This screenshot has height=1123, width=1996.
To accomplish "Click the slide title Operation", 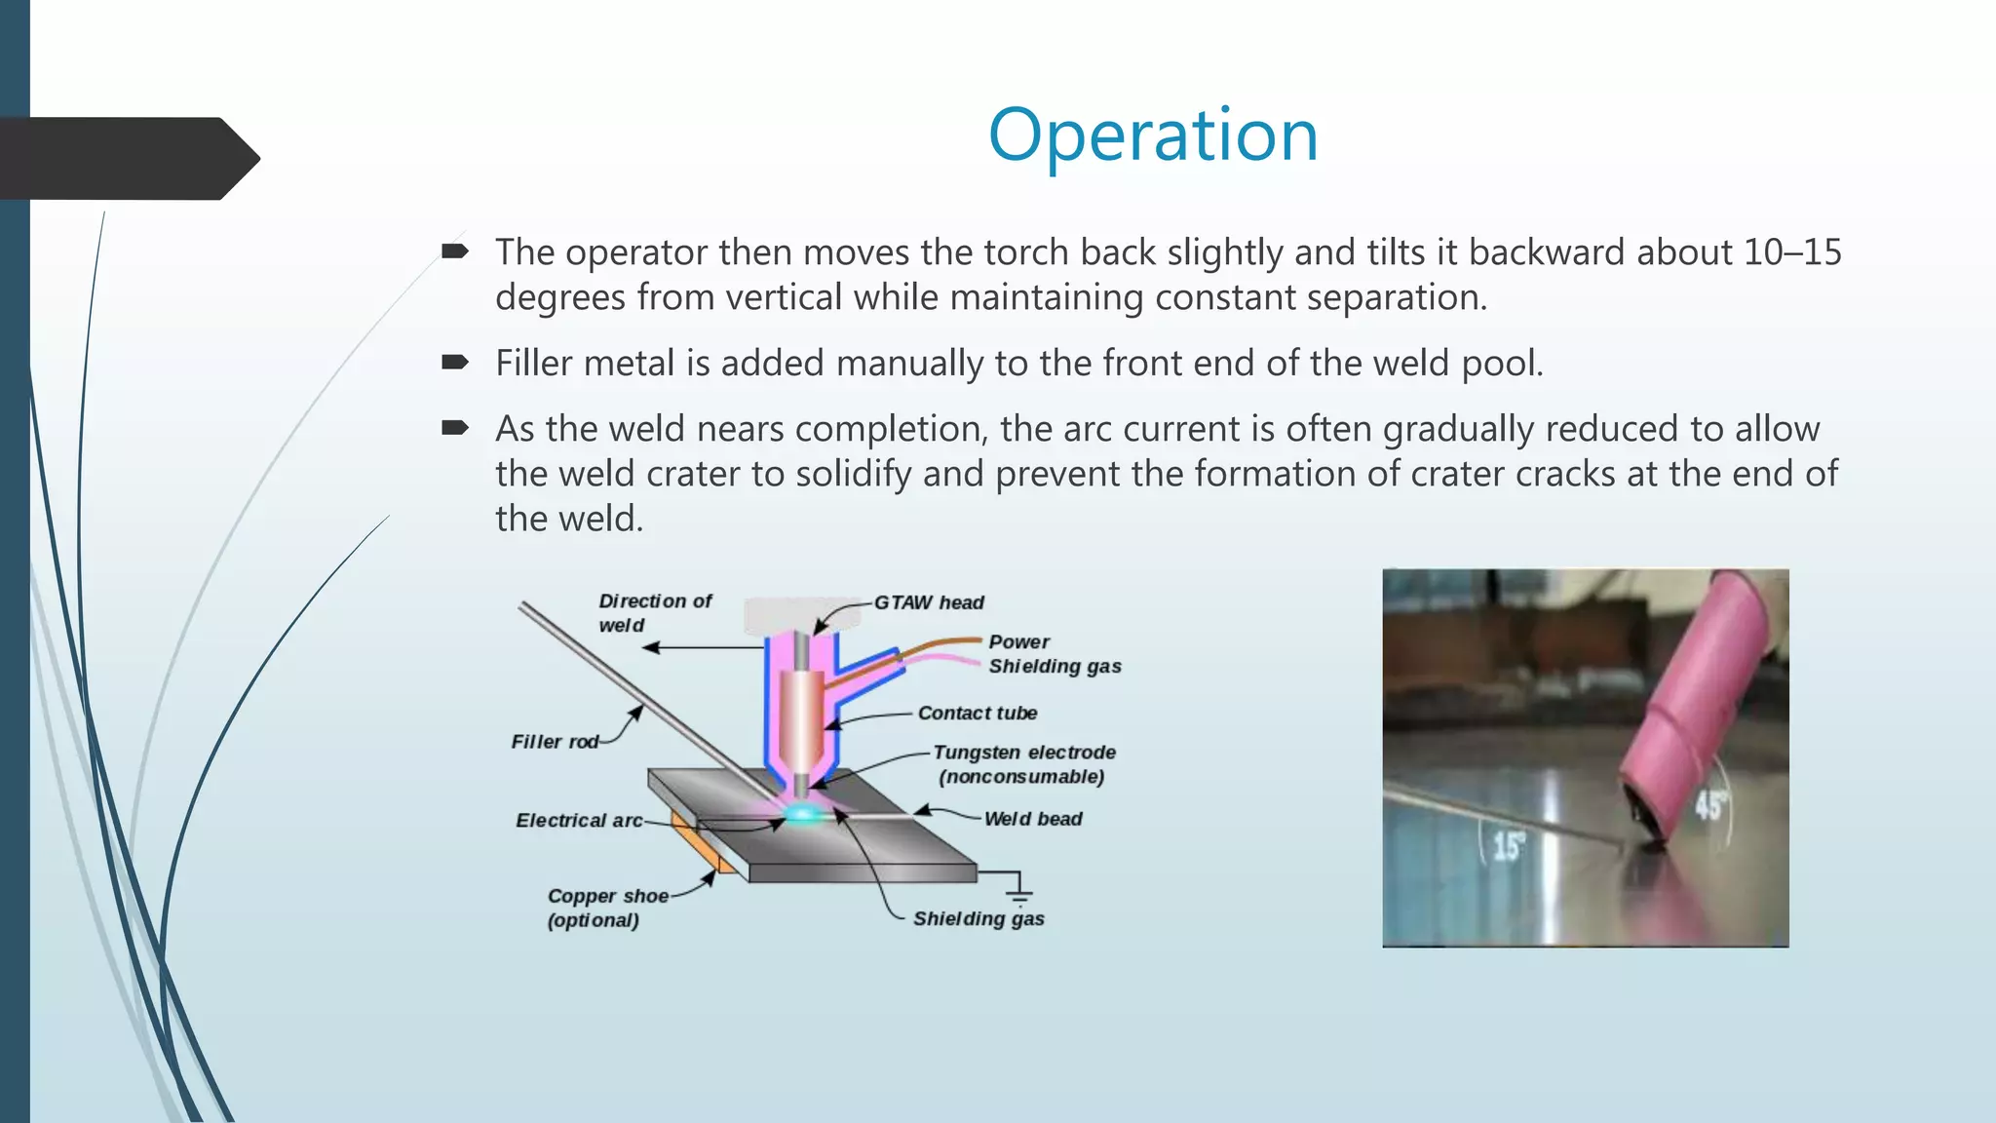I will pos(1153,135).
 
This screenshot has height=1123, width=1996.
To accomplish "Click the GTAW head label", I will pos(928,602).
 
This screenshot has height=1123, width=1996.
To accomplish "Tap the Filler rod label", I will pos(554,742).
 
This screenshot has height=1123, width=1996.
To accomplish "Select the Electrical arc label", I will pos(579,821).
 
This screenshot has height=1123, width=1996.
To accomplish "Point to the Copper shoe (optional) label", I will pos(606,908).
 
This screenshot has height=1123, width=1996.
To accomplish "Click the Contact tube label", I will pos(977,713).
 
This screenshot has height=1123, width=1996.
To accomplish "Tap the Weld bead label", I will pos(1032,819).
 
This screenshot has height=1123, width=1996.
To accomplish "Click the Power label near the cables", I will pos(1018,641).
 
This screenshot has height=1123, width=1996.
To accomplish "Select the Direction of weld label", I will pos(654,613).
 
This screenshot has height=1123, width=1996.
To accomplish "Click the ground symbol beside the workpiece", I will pos(1018,893).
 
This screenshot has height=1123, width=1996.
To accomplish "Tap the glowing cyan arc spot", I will pos(803,813).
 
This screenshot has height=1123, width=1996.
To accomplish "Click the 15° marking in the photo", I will pos(1507,845).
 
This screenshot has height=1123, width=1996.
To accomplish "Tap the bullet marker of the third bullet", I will pos(454,427).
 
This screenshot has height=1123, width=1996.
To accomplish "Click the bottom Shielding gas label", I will pos(978,918).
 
